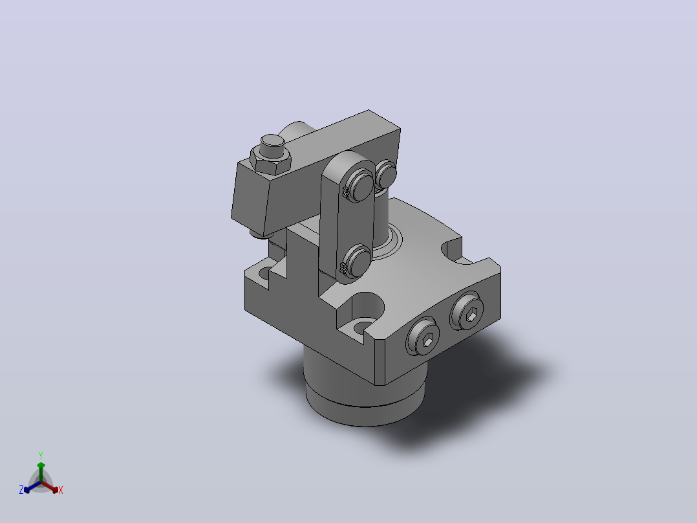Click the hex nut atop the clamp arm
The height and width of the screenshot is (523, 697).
pyautogui.click(x=270, y=161)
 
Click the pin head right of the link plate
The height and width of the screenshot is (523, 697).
pyautogui.click(x=386, y=174)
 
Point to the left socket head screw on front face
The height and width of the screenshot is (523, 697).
pyautogui.click(x=423, y=336)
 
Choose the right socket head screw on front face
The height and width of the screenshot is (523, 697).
pyautogui.click(x=467, y=310)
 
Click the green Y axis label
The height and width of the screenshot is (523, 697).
pyautogui.click(x=41, y=455)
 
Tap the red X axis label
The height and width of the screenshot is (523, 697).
pyautogui.click(x=61, y=490)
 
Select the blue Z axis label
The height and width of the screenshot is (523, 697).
pyautogui.click(x=21, y=489)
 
